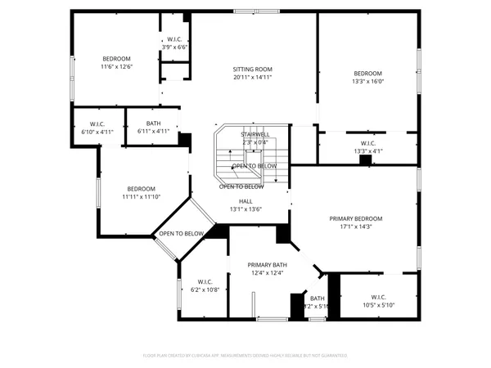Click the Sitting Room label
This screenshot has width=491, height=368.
(254, 70)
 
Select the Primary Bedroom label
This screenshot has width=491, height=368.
(356, 218)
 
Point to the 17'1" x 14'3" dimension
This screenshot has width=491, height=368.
(356, 227)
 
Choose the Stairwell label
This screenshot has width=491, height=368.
(255, 133)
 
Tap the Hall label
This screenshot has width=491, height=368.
(245, 200)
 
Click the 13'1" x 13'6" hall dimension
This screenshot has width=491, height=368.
(245, 209)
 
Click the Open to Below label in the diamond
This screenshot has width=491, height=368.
(181, 234)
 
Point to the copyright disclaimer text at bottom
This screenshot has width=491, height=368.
(245, 356)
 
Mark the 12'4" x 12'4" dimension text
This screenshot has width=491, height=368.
(266, 273)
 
